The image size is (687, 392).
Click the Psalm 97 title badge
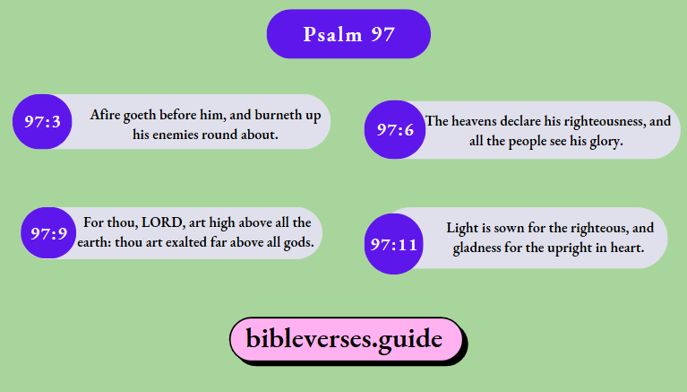(x=348, y=35)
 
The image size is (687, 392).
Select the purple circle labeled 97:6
(x=394, y=130)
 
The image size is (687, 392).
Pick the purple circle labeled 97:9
(x=48, y=234)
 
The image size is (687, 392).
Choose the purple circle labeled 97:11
(x=394, y=244)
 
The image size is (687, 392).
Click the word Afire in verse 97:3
(x=106, y=115)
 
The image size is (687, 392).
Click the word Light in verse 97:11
(x=462, y=228)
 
